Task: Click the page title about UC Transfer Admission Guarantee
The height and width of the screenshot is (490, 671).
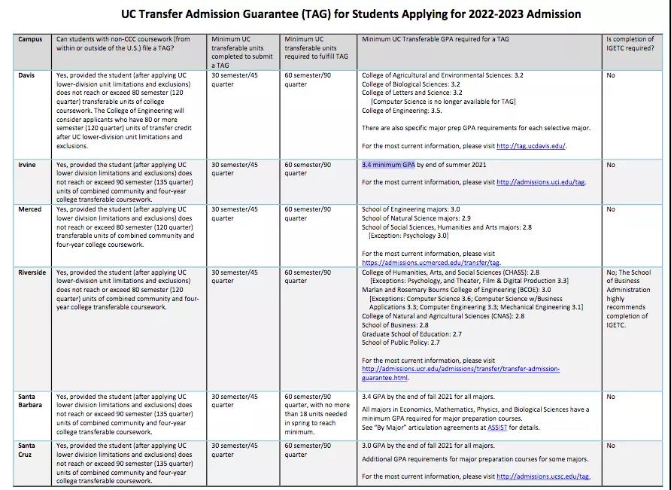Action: pos(351,14)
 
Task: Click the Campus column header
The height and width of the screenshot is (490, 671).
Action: pos(30,39)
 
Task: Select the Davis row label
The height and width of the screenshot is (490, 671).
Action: pos(26,76)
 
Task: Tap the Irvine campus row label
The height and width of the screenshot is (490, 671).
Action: pos(26,165)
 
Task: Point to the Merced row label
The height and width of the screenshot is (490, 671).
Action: pos(29,210)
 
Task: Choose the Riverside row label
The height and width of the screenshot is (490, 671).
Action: pos(32,272)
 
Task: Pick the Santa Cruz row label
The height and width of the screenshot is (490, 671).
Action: pos(27,450)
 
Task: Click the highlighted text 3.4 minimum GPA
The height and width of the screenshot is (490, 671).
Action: pos(388,165)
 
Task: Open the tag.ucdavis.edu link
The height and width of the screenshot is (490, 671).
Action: pos(530,147)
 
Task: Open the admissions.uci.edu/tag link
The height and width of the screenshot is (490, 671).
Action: pos(540,182)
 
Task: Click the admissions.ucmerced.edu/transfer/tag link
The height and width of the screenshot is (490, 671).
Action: pos(431,263)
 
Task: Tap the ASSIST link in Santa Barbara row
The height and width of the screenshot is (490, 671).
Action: pos(496,428)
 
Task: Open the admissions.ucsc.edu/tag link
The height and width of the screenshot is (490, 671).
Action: pos(543,476)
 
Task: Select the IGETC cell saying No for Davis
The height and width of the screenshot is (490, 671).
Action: pos(611,76)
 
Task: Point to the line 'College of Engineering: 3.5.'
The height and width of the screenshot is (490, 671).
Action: pos(402,111)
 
